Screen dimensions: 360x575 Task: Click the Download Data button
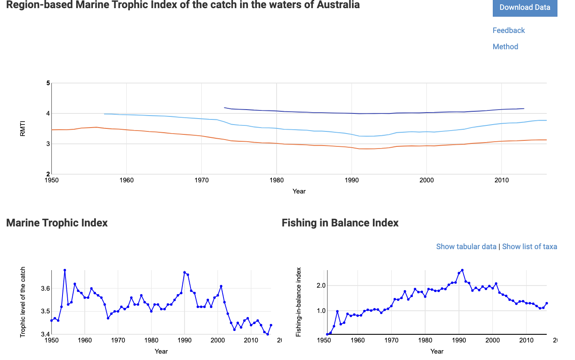click(x=524, y=7)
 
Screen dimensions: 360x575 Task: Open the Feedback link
click(x=509, y=30)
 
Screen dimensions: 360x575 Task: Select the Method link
click(x=505, y=47)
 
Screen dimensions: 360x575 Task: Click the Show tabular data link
click(x=466, y=247)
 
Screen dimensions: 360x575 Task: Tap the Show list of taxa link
click(x=529, y=247)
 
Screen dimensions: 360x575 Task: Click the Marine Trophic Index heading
click(x=57, y=223)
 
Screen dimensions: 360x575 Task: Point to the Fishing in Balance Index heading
click(x=340, y=223)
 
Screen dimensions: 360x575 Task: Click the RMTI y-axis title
click(x=23, y=128)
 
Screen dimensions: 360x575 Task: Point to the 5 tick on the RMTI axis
click(x=48, y=83)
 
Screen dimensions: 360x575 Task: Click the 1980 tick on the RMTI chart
click(x=277, y=180)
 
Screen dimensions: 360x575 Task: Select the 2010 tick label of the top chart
click(x=502, y=180)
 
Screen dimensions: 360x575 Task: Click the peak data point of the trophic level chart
click(x=65, y=270)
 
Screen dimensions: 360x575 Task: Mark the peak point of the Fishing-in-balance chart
click(x=462, y=270)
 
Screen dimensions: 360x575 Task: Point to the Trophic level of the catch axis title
click(x=23, y=302)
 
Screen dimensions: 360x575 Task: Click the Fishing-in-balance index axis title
click(x=298, y=302)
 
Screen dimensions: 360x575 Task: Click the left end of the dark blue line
click(x=224, y=107)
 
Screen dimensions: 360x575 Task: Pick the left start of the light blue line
click(x=104, y=114)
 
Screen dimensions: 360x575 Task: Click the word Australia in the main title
click(x=338, y=5)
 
